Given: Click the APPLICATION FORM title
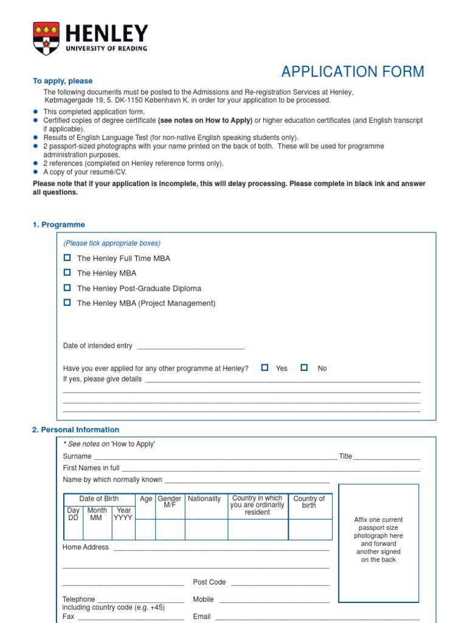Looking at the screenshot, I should pos(353,72).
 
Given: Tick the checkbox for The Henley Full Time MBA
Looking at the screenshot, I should pos(67,258).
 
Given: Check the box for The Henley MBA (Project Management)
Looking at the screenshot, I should pos(67,302).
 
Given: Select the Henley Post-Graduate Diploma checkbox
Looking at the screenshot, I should pos(67,288).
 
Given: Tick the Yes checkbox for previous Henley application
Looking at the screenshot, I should pos(265,367).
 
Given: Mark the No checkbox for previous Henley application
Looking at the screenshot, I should pos(304,367).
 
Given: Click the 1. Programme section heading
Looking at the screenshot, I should pos(58,224).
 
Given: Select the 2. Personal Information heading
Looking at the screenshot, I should pos(75,430).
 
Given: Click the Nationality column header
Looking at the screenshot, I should pos(204,499).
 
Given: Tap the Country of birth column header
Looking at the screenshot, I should pos(309,502).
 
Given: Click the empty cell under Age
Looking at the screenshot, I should pos(145,529).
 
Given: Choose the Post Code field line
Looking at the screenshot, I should pos(280,583).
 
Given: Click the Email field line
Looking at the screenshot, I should pos(317,618).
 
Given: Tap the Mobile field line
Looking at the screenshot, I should pos(274,600).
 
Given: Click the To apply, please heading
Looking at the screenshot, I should pos(63,81).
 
